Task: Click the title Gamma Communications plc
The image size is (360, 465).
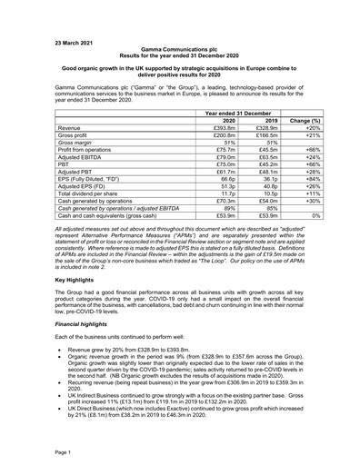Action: (x=180, y=54)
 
